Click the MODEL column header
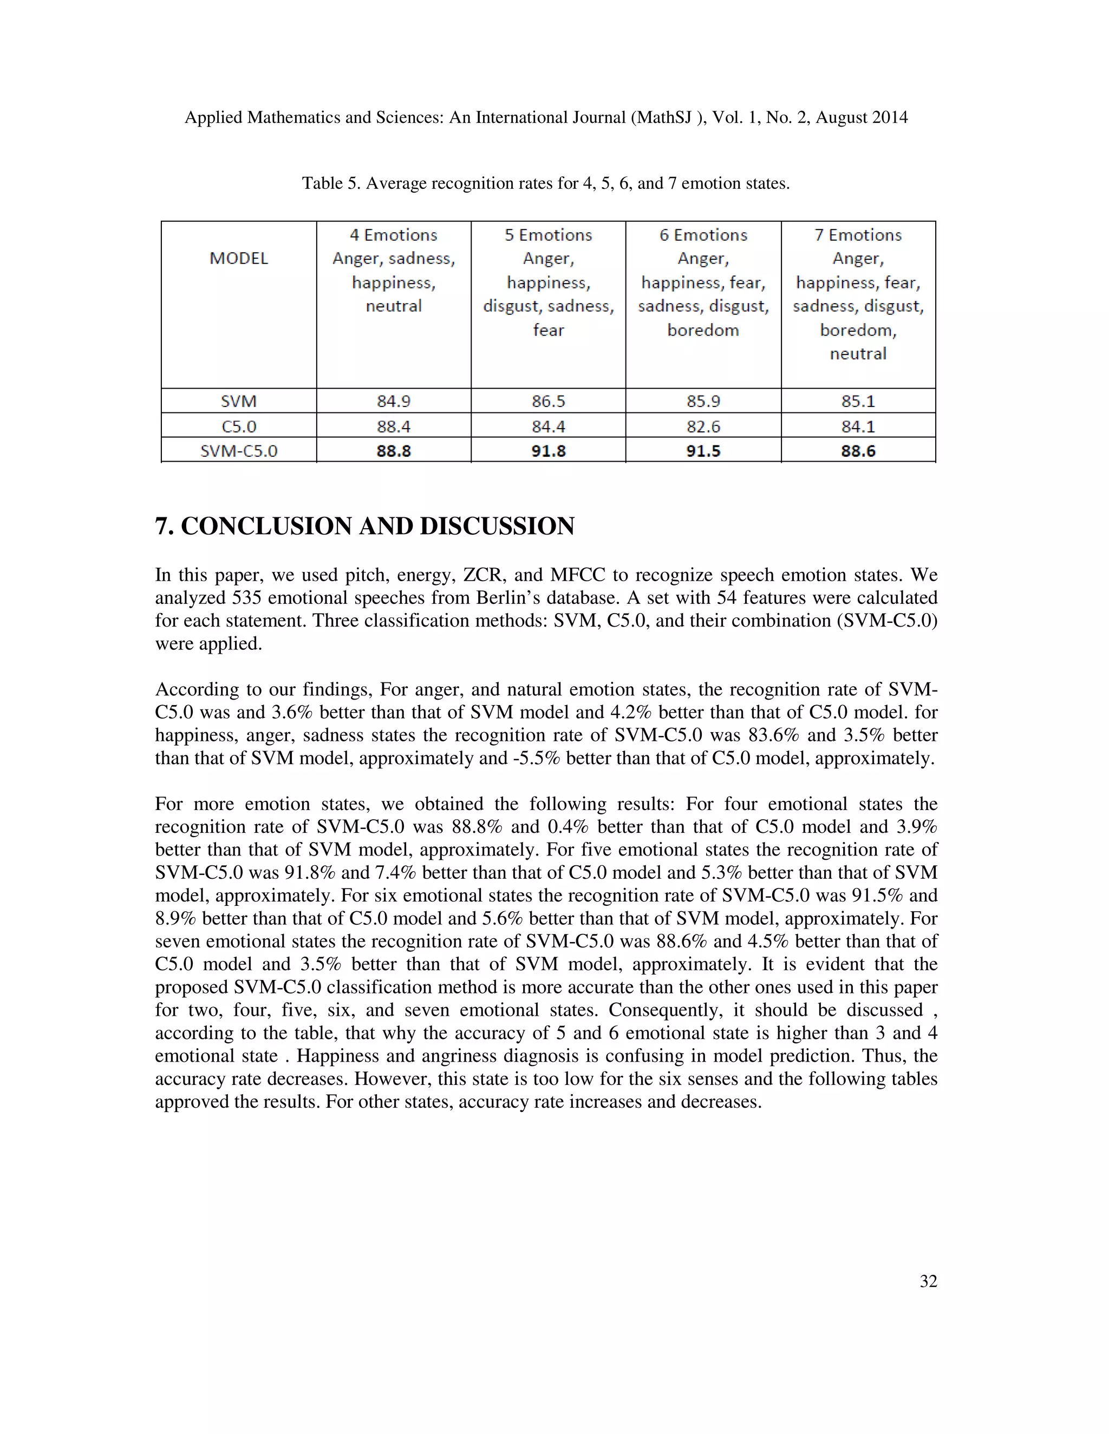[238, 259]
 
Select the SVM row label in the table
[238, 401]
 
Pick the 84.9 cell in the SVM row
[394, 401]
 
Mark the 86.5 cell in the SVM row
[548, 401]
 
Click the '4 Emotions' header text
[394, 235]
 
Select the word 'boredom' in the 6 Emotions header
[703, 330]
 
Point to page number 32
[928, 1281]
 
